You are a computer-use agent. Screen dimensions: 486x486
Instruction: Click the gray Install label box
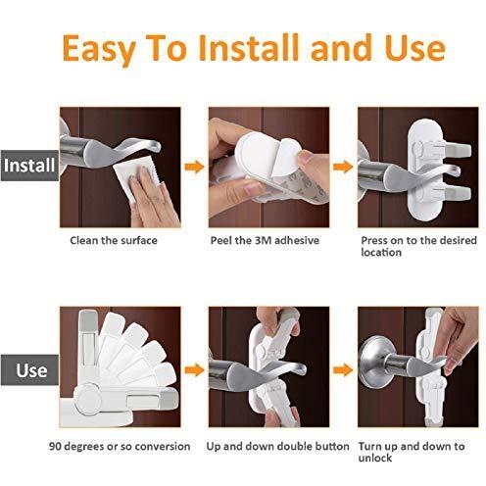coord(29,166)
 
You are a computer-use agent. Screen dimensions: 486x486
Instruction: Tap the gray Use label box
coord(29,369)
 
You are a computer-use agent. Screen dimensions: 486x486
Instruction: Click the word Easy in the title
coord(99,49)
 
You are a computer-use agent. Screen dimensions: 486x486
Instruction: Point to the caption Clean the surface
coord(114,241)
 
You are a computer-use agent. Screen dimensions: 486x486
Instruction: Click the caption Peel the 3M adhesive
coord(265,241)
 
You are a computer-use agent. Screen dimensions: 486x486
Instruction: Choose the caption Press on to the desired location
coord(418,246)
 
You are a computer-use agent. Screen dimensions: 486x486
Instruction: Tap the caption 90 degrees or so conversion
coord(120,446)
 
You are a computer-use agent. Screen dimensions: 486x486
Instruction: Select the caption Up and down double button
coord(277,446)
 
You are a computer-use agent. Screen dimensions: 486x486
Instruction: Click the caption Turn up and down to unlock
coord(412,452)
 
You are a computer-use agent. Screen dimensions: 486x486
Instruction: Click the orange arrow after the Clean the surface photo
coord(195,168)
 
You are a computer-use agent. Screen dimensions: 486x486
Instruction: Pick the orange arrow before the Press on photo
coord(343,168)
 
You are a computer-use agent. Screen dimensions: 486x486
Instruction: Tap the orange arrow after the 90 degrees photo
coord(195,370)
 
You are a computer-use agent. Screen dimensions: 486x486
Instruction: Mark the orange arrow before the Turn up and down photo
coord(343,370)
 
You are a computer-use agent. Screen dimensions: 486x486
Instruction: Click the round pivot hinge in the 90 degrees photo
coord(87,399)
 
